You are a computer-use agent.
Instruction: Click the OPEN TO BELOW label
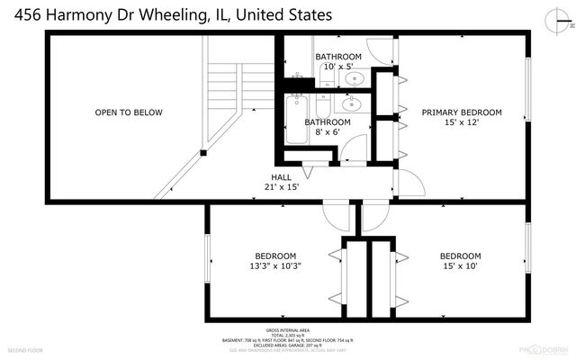pos(129,112)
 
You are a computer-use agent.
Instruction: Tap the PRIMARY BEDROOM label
pos(462,112)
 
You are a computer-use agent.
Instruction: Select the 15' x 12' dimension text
pos(462,123)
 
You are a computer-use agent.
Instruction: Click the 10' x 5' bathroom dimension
pos(338,67)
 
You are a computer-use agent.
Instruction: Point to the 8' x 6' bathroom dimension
pos(327,132)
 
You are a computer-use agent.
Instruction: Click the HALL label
pos(282,176)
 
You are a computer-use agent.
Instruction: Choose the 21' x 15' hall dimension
pos(282,187)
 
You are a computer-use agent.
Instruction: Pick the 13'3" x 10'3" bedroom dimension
pos(274,265)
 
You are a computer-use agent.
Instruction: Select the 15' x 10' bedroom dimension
pos(460,265)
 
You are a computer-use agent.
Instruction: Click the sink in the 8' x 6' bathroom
pos(353,103)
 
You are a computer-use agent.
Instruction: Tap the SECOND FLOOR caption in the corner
pos(24,349)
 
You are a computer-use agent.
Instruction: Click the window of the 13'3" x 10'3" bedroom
pos(209,262)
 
